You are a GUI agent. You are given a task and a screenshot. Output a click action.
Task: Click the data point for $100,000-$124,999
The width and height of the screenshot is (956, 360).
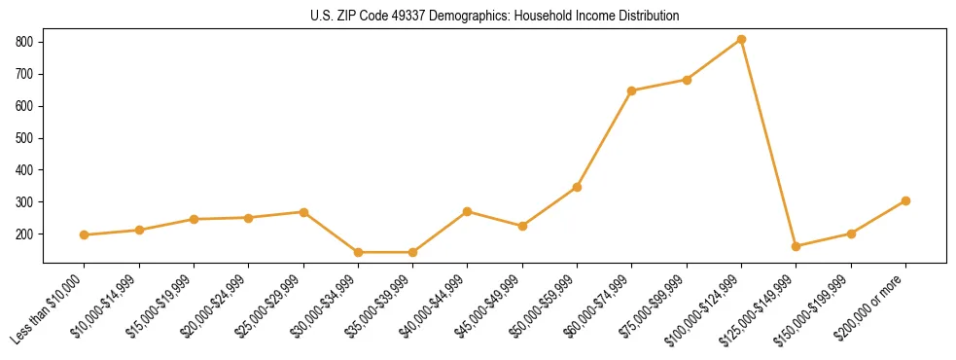click(x=741, y=39)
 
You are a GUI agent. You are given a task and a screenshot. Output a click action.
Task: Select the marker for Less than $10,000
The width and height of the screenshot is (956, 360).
click(x=85, y=234)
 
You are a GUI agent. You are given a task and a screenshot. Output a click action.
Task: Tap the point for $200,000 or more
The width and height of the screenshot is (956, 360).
click(x=905, y=200)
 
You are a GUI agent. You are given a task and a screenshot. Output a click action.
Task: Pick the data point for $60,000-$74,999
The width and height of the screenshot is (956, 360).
click(x=632, y=90)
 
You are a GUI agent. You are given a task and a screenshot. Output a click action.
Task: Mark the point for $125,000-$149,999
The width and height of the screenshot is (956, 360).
click(x=797, y=246)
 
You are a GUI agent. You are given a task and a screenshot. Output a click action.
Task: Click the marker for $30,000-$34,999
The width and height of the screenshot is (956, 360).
click(x=358, y=252)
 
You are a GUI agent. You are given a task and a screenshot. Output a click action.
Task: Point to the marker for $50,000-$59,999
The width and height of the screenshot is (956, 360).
click(x=577, y=187)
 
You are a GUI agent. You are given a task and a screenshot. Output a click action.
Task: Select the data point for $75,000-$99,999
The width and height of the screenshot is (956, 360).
click(x=687, y=80)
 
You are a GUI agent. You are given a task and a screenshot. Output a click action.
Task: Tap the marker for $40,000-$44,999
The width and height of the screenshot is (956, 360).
click(x=468, y=211)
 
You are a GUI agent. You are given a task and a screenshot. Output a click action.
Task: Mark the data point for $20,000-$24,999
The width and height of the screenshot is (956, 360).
click(x=249, y=218)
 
